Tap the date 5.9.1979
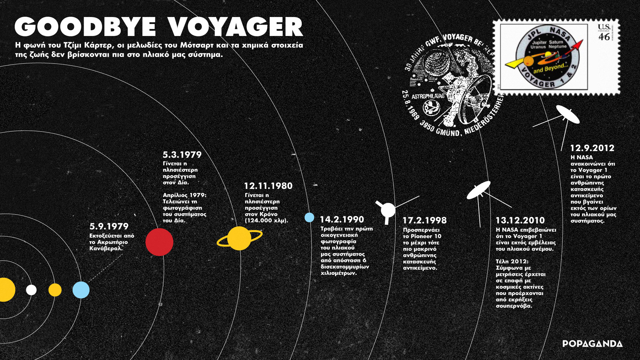click(x=109, y=227)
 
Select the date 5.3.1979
click(x=182, y=155)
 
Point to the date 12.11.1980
click(x=268, y=186)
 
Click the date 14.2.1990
click(x=342, y=220)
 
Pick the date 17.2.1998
click(x=424, y=221)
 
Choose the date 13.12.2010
click(x=520, y=221)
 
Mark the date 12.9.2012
click(x=592, y=148)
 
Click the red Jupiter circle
click(x=159, y=242)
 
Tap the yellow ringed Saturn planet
click(x=239, y=238)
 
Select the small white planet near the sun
click(x=31, y=290)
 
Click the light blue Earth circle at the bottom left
click(x=81, y=290)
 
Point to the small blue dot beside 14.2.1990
click(x=309, y=217)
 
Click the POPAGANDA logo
click(x=592, y=344)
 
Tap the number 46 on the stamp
click(x=604, y=37)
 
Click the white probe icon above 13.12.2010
click(x=479, y=190)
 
